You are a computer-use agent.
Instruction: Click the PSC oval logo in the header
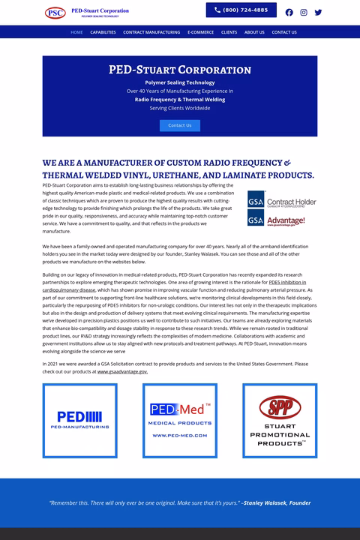pos(55,12)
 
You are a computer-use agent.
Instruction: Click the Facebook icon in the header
pos(289,12)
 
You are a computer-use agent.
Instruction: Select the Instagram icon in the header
pos(304,12)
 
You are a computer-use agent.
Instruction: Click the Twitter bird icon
pos(318,12)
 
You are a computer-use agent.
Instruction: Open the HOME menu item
pos(76,32)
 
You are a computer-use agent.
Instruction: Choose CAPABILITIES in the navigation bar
pos(103,32)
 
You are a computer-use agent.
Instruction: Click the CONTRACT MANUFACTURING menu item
pos(151,32)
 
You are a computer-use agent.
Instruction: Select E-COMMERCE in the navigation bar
pos(200,32)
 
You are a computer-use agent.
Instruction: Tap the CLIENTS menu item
pos(229,32)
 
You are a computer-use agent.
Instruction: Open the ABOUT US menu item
pos(254,32)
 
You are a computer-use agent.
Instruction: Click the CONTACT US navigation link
pos(284,32)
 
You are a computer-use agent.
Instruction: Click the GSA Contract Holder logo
pos(282,202)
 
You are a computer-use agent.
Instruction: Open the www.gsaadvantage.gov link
pos(122,371)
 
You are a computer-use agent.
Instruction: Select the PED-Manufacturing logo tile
pos(80,420)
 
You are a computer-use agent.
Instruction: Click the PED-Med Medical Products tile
pos(180,420)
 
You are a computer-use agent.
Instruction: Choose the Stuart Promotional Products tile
pos(280,420)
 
